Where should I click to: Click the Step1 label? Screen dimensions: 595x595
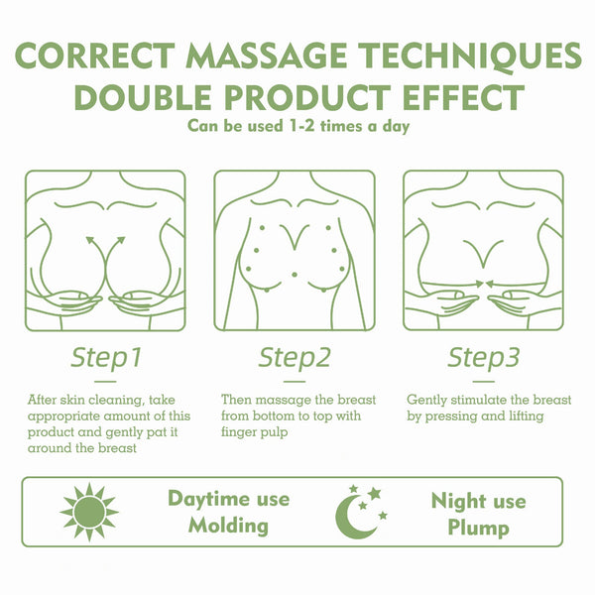[106, 355]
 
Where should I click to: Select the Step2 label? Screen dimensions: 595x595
[295, 355]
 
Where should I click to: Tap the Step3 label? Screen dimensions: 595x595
[484, 355]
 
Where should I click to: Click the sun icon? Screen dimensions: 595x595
[89, 512]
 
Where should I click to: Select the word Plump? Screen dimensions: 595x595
[477, 527]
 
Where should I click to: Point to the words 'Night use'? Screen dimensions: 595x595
[477, 500]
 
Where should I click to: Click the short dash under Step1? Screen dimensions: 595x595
[106, 378]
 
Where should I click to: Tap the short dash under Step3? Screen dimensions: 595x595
[484, 378]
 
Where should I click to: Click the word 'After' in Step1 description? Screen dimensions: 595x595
[43, 400]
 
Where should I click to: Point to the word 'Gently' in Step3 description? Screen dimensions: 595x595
[427, 400]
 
